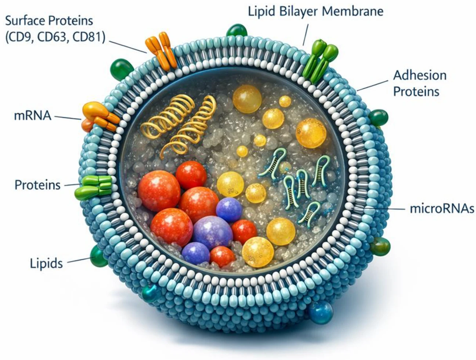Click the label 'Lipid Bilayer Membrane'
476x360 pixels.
[x=315, y=11]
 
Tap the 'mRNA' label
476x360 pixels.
[x=32, y=116]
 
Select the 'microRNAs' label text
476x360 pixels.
[x=442, y=209]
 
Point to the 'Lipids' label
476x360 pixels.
[x=46, y=263]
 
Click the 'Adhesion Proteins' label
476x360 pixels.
[x=419, y=83]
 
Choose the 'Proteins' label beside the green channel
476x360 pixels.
[x=37, y=185]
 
